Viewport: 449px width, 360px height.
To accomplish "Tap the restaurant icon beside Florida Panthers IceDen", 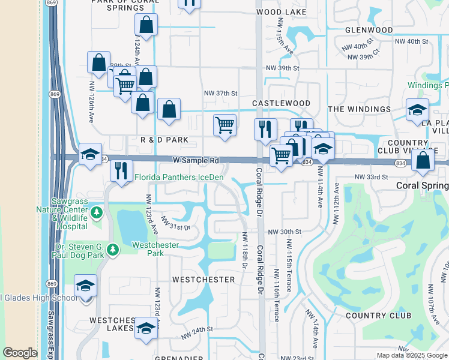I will point(122,170).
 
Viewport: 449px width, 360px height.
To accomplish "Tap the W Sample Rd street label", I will point(196,161).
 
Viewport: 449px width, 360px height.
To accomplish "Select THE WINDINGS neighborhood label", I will point(359,109).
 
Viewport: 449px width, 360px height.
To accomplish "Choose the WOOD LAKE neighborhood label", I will point(277,12).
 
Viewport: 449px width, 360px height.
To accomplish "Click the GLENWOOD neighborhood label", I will point(369,30).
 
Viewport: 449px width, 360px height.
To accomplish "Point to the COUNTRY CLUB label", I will point(378,316).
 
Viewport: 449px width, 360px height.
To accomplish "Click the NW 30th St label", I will point(283,232).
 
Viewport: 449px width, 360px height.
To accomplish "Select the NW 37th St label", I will point(221,93).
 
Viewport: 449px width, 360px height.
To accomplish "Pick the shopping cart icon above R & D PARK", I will point(224,126).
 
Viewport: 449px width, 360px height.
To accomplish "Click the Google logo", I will point(20,353).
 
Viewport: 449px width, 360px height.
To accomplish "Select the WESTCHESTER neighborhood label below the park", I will point(203,280).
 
